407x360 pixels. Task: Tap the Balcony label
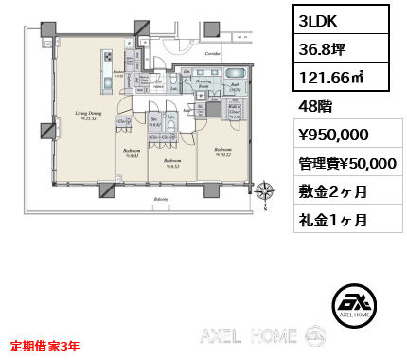point(162,201)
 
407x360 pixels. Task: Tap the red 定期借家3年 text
point(45,346)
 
